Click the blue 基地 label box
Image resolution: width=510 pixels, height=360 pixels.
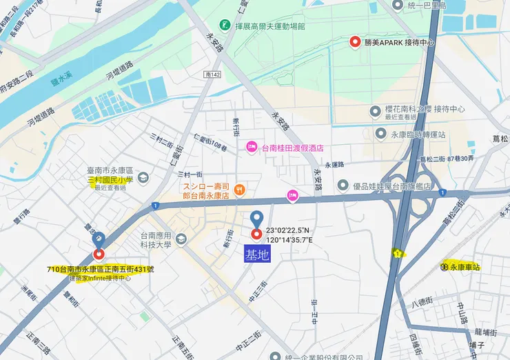pyautogui.click(x=258, y=255)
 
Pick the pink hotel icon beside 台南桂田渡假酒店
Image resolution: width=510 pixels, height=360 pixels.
pyautogui.click(x=252, y=147)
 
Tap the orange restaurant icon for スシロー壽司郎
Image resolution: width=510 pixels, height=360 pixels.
pyautogui.click(x=240, y=190)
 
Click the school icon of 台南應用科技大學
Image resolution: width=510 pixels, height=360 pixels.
pyautogui.click(x=181, y=239)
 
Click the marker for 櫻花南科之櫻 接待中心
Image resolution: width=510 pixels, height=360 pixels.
pyautogui.click(x=376, y=110)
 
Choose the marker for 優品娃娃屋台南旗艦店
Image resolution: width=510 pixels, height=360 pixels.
pyautogui.click(x=343, y=186)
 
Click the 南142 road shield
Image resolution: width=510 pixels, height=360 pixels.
pyautogui.click(x=213, y=72)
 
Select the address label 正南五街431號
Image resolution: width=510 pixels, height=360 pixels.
pyautogui.click(x=101, y=269)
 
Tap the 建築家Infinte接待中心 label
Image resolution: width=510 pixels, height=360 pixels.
pyautogui.click(x=100, y=279)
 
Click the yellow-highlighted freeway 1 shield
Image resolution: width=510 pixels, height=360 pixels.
pyautogui.click(x=398, y=254)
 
